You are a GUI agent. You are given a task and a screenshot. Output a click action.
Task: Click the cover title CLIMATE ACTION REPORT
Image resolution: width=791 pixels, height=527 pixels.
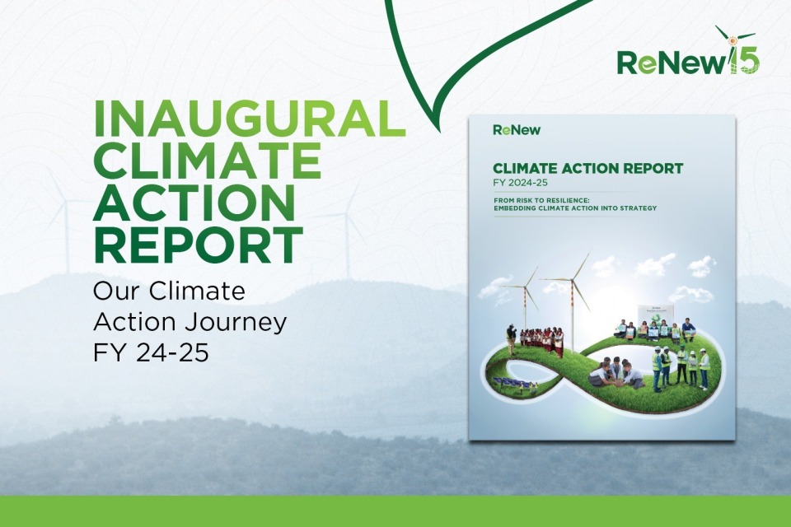pyautogui.click(x=587, y=169)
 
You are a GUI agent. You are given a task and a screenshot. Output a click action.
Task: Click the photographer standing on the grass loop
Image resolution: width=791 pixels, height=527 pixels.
pyautogui.click(x=512, y=338)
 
